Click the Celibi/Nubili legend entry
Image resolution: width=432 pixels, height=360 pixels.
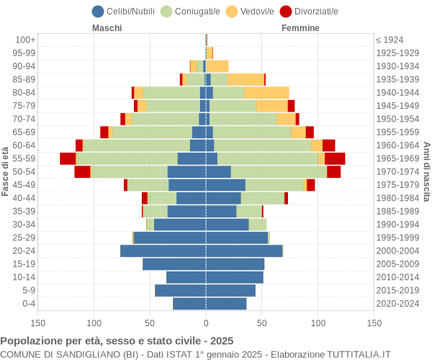pos(127,11)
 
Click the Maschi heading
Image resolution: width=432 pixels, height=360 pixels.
pos(107,28)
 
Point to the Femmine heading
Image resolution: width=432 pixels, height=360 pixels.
pos(300,28)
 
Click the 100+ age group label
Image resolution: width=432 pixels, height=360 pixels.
pos(25,40)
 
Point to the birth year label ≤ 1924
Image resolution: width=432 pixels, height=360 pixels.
pos(390,40)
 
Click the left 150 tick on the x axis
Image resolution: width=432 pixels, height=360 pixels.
pos(38,324)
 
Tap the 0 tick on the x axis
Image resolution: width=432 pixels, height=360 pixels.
pos(206,324)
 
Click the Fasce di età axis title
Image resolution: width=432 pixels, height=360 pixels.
pos(6,171)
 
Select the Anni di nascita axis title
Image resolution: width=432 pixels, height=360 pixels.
pos(426,171)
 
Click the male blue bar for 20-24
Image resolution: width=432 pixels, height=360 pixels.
pos(163,251)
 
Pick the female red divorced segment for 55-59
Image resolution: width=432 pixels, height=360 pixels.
pos(335,158)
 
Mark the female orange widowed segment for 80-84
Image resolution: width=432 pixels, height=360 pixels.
pos(266,92)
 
